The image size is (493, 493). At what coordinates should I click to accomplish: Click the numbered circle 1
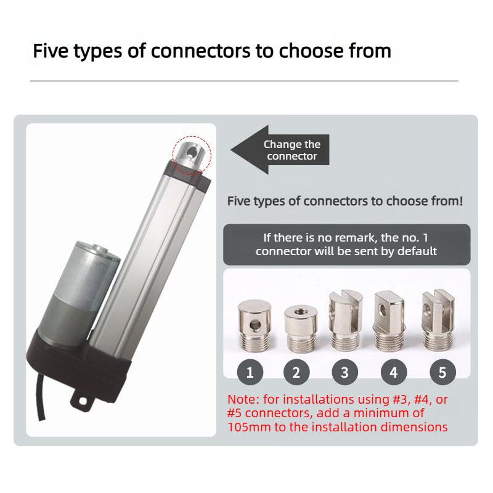pos(250,372)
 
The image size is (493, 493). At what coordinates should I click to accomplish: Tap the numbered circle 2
pos(296,372)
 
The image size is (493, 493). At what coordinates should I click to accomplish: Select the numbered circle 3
pos(344,372)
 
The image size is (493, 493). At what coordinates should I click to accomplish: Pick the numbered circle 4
pos(394,372)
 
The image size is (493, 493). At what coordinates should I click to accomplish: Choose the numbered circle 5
pos(442,372)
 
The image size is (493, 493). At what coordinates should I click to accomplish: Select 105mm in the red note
pos(246,427)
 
